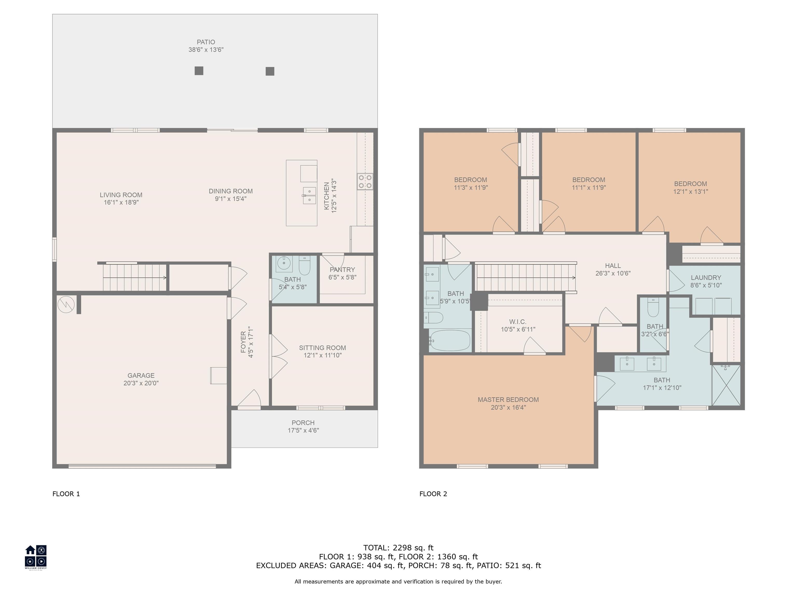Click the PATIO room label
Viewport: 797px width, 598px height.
[206, 42]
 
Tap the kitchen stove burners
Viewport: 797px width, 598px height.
[365, 182]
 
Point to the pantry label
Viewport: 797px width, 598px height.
[342, 270]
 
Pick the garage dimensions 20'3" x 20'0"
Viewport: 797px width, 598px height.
[141, 383]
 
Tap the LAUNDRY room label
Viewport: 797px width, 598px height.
[706, 277]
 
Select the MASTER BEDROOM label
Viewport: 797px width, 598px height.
[508, 399]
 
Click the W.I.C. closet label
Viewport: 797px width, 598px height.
[518, 322]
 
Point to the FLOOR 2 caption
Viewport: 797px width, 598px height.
[433, 494]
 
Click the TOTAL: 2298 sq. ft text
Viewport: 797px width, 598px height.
[398, 548]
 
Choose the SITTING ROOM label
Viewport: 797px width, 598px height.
[322, 348]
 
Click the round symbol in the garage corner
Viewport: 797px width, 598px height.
[66, 305]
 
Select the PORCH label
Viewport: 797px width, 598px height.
[303, 423]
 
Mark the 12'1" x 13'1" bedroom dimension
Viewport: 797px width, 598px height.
[690, 192]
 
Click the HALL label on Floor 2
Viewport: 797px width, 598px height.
[613, 266]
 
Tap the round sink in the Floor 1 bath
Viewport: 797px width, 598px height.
[284, 264]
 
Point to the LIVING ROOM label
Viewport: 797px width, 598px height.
[121, 195]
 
